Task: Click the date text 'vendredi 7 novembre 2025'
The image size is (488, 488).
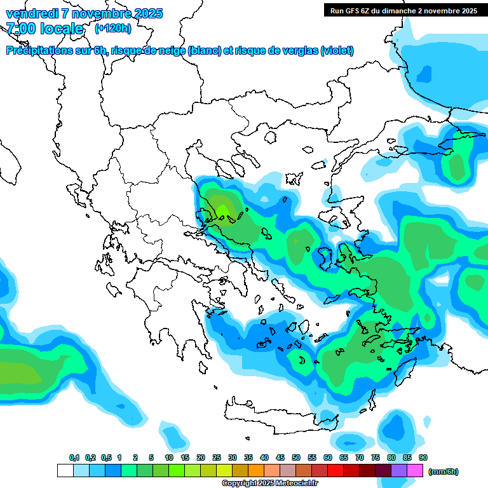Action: coord(84,13)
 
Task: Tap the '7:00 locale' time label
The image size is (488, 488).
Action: coord(44,29)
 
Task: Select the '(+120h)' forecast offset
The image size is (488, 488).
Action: coord(113,28)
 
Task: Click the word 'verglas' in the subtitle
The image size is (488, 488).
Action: coord(299,51)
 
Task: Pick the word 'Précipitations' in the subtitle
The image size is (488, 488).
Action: coord(38,51)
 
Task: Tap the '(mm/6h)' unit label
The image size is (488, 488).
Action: coord(444,471)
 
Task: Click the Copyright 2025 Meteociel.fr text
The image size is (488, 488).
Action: coord(270,484)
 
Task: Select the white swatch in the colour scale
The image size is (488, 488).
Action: coord(65,470)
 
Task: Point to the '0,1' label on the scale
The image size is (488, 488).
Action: coord(74,458)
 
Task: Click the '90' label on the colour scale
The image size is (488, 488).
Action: coord(423,458)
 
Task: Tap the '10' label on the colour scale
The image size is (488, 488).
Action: coord(169,458)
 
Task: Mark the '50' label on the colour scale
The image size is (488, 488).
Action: coord(296,458)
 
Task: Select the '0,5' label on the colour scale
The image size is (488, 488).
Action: coord(106,458)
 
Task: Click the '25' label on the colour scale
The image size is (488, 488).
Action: coord(217,458)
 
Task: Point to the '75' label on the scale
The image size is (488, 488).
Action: coord(376,458)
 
